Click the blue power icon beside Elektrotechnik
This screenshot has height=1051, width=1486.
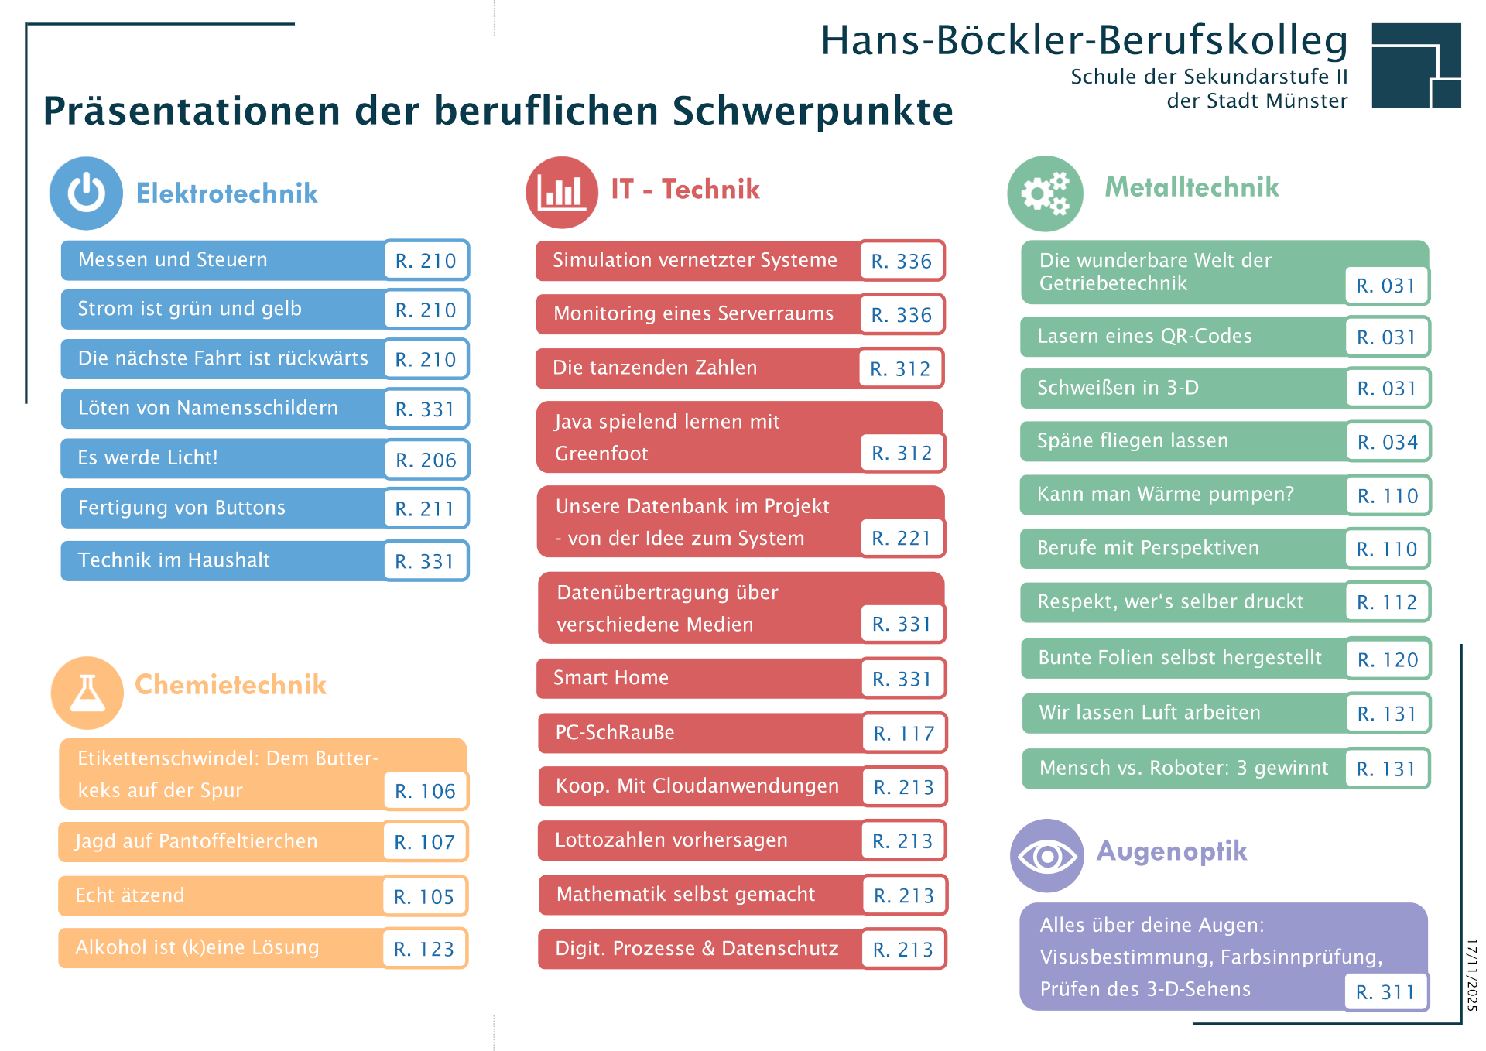[x=86, y=193]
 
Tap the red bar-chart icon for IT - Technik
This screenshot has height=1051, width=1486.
[x=562, y=192]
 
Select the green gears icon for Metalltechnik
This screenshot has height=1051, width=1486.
[x=1045, y=193]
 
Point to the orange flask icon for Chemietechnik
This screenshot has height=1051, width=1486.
[x=87, y=693]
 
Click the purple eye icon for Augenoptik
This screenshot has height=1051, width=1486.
[x=1047, y=856]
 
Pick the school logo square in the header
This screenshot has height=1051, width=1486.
[x=1416, y=65]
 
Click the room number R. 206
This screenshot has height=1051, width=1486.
[x=426, y=460]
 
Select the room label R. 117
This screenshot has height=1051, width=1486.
[x=904, y=733]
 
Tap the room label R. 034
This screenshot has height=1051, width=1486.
[x=1388, y=442]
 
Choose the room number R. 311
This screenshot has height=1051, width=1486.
[x=1385, y=991]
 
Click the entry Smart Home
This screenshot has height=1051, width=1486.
[x=611, y=677]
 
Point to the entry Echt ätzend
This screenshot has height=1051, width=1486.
[x=130, y=895]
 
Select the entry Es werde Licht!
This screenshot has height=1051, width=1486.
[x=148, y=457]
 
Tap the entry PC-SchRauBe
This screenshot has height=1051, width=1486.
[x=615, y=732]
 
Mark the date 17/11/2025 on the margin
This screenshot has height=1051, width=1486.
[x=1472, y=975]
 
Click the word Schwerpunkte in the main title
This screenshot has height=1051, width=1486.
[x=813, y=110]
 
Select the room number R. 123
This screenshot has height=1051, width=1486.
[x=424, y=949]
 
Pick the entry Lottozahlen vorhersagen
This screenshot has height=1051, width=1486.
[x=671, y=840]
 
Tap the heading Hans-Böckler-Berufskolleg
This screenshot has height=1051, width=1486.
[x=1084, y=40]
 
